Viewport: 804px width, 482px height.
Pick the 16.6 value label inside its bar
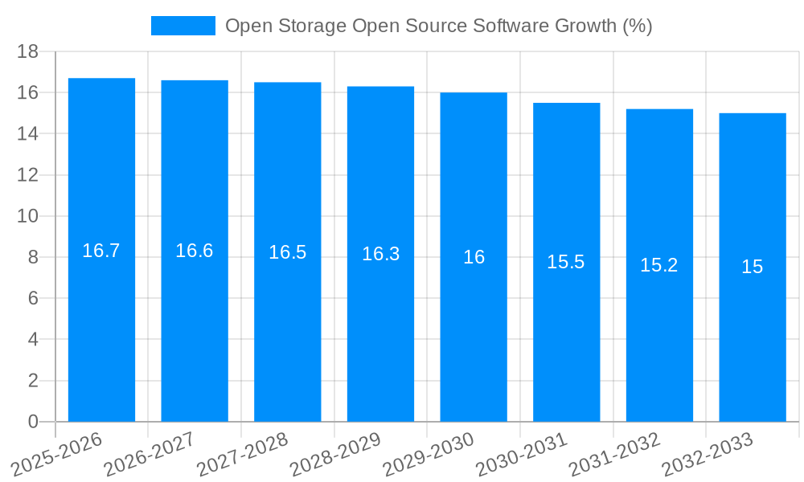[x=195, y=251]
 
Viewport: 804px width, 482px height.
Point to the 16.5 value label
[x=288, y=252]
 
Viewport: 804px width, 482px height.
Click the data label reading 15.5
[x=566, y=262]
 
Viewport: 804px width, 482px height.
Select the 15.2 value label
[x=659, y=265]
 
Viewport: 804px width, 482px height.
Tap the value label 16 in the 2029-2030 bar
[x=474, y=257]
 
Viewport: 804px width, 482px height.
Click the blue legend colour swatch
[x=183, y=26]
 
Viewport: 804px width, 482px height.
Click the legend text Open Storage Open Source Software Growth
[x=438, y=26]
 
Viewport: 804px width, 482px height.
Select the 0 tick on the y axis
[x=33, y=422]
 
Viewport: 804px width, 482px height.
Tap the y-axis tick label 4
[x=33, y=340]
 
